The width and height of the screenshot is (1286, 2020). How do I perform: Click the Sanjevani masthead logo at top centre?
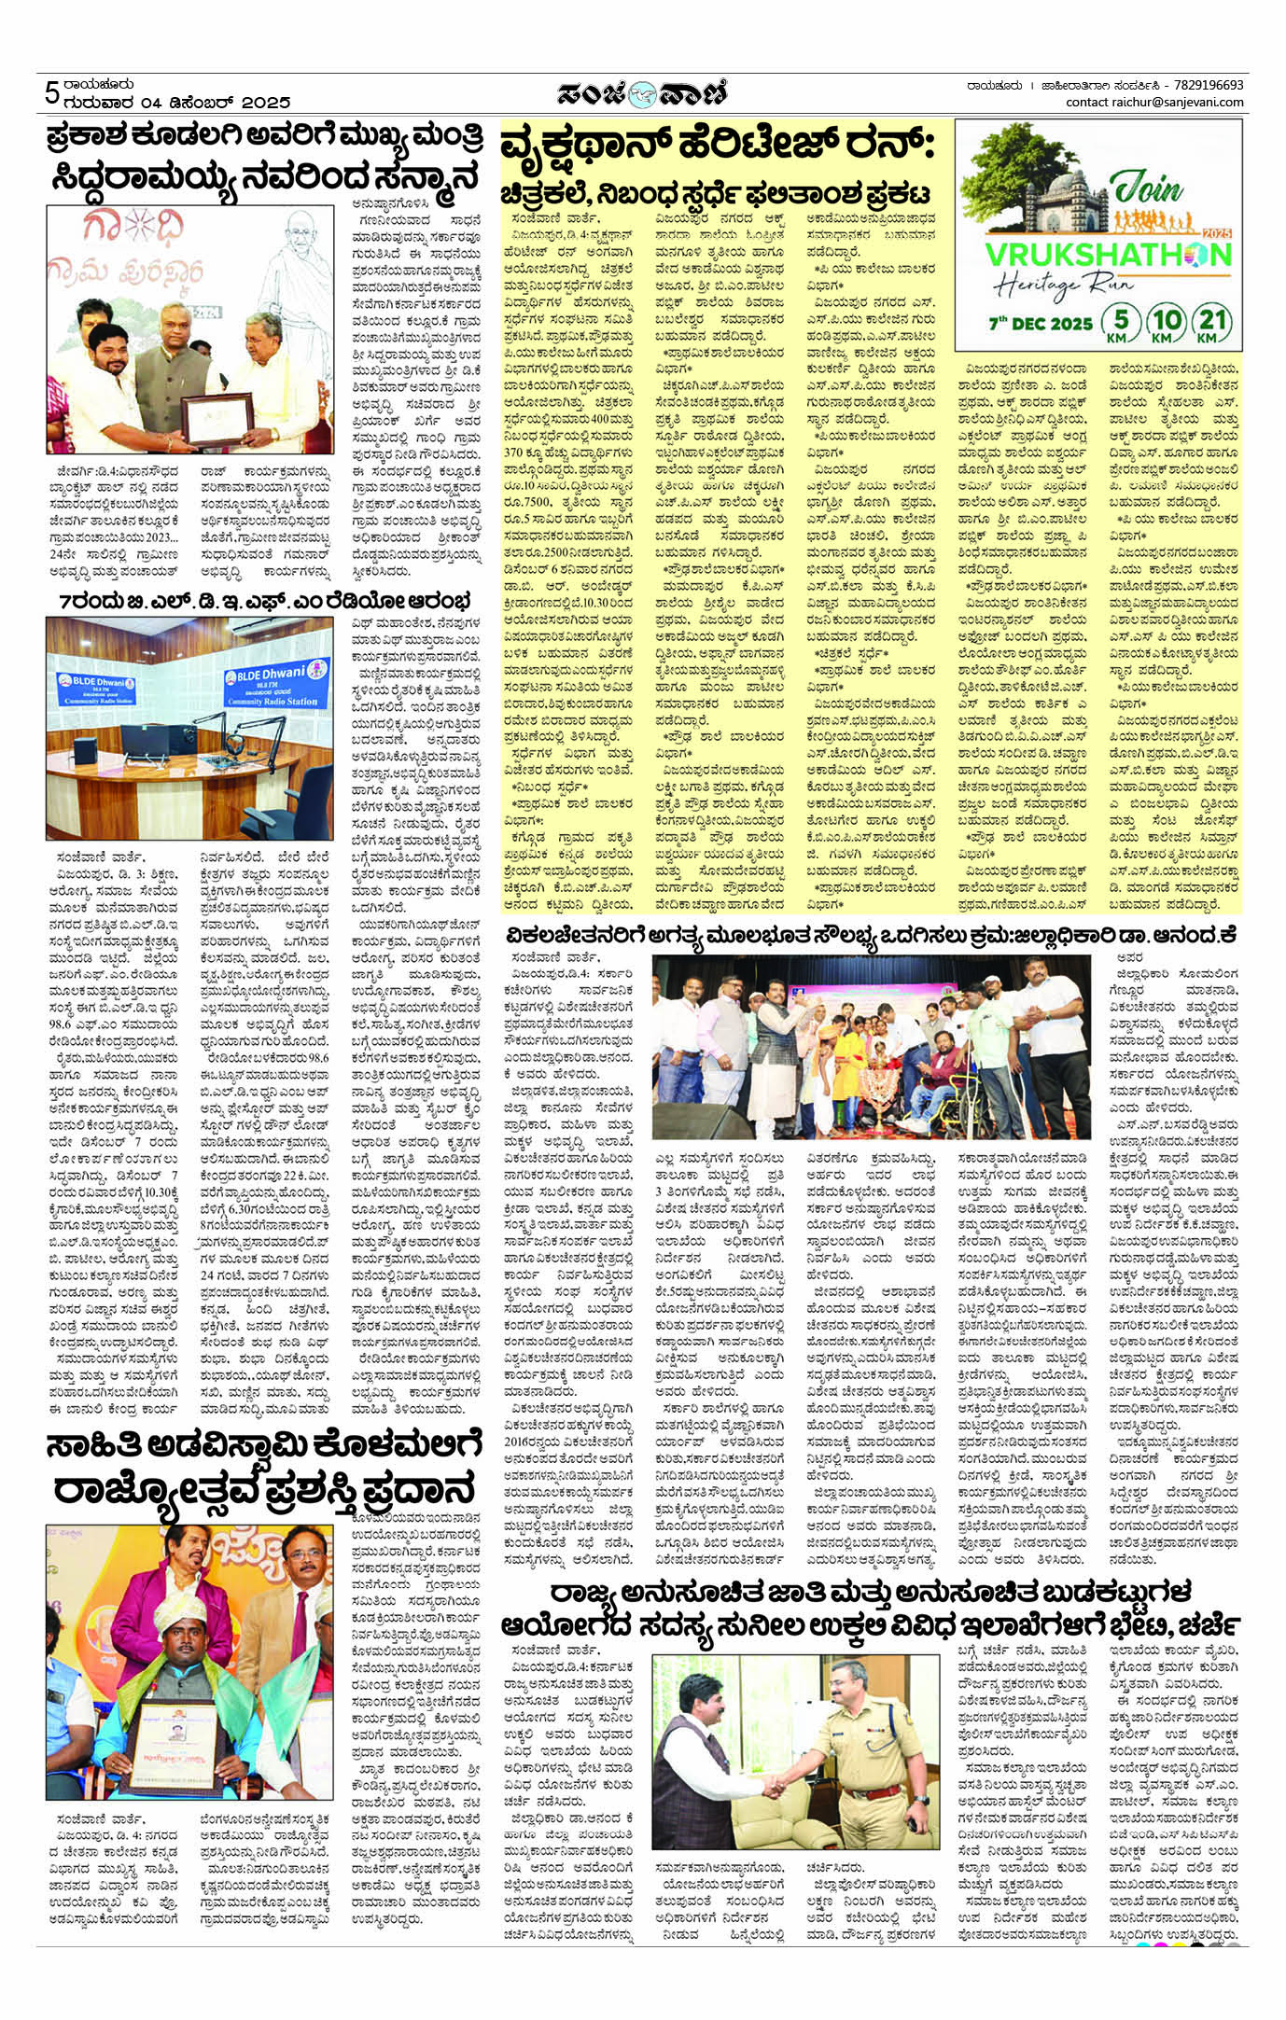(642, 93)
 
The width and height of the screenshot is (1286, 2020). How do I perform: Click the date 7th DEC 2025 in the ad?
(1041, 323)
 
